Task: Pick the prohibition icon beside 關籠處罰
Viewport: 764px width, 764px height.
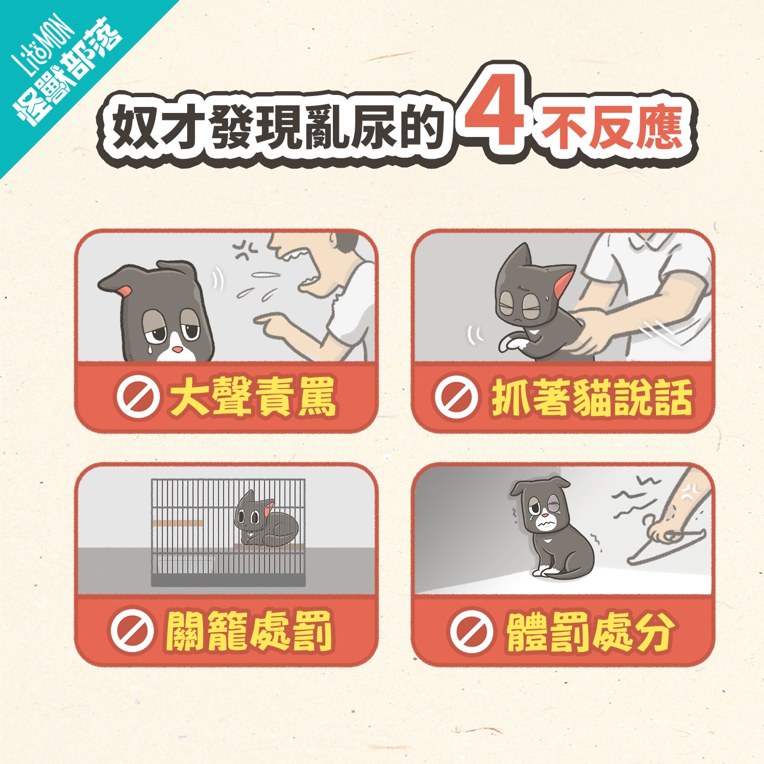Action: [x=132, y=631]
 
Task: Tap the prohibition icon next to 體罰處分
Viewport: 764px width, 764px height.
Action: [x=470, y=631]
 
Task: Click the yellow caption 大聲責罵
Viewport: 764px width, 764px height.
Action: [x=252, y=397]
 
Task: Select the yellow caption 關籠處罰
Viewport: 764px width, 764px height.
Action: [x=249, y=631]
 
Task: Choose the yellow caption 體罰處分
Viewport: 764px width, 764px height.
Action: [x=589, y=632]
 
